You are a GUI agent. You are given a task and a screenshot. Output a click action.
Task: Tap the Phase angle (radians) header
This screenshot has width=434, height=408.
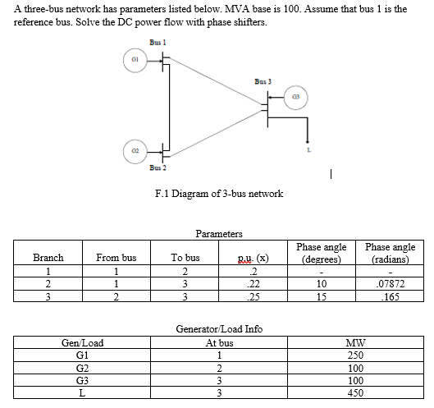pos(390,251)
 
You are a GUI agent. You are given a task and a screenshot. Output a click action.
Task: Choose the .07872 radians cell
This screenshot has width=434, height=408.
pos(390,282)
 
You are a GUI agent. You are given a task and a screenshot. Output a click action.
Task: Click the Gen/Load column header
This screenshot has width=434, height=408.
pos(82,343)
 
